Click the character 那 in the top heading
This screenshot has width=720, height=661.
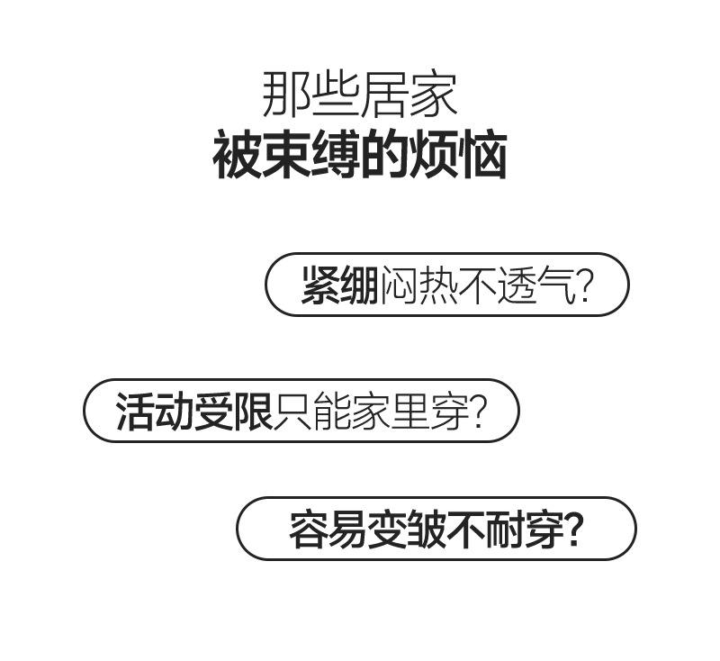pyautogui.click(x=286, y=95)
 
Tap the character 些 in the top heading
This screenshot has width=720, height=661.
pyautogui.click(x=336, y=95)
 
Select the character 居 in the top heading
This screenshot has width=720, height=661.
pyautogui.click(x=385, y=95)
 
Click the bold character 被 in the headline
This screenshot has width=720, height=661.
pyautogui.click(x=237, y=156)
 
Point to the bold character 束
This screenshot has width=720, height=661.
pyautogui.click(x=285, y=156)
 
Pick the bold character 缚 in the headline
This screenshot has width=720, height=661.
pyautogui.click(x=335, y=156)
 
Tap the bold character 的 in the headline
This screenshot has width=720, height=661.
pyautogui.click(x=384, y=156)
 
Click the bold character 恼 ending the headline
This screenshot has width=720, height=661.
pyautogui.click(x=482, y=156)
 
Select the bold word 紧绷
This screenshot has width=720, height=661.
pyautogui.click(x=339, y=285)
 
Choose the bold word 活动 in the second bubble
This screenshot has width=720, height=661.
pyautogui.click(x=154, y=412)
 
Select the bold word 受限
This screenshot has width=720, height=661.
pyautogui.click(x=233, y=412)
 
